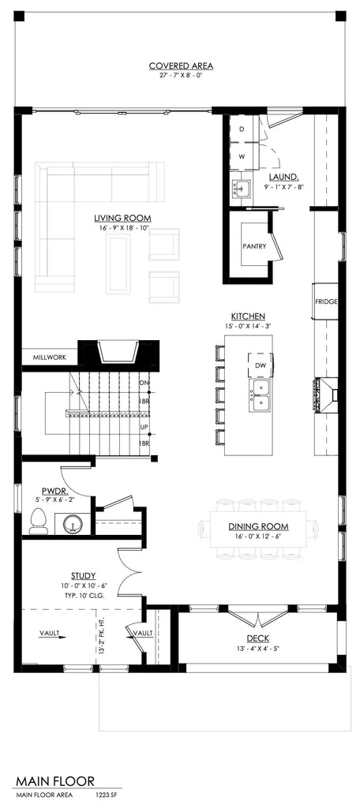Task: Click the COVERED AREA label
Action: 181,66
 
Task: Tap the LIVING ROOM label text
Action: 122,218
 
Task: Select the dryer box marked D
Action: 242,128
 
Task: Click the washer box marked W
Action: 242,156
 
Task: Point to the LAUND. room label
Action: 283,178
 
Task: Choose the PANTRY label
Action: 253,246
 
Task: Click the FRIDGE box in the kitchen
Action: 326,301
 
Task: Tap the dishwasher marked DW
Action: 260,365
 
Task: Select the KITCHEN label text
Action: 248,315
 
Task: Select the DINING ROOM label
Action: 258,526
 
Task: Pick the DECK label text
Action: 257,640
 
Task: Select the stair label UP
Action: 144,427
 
